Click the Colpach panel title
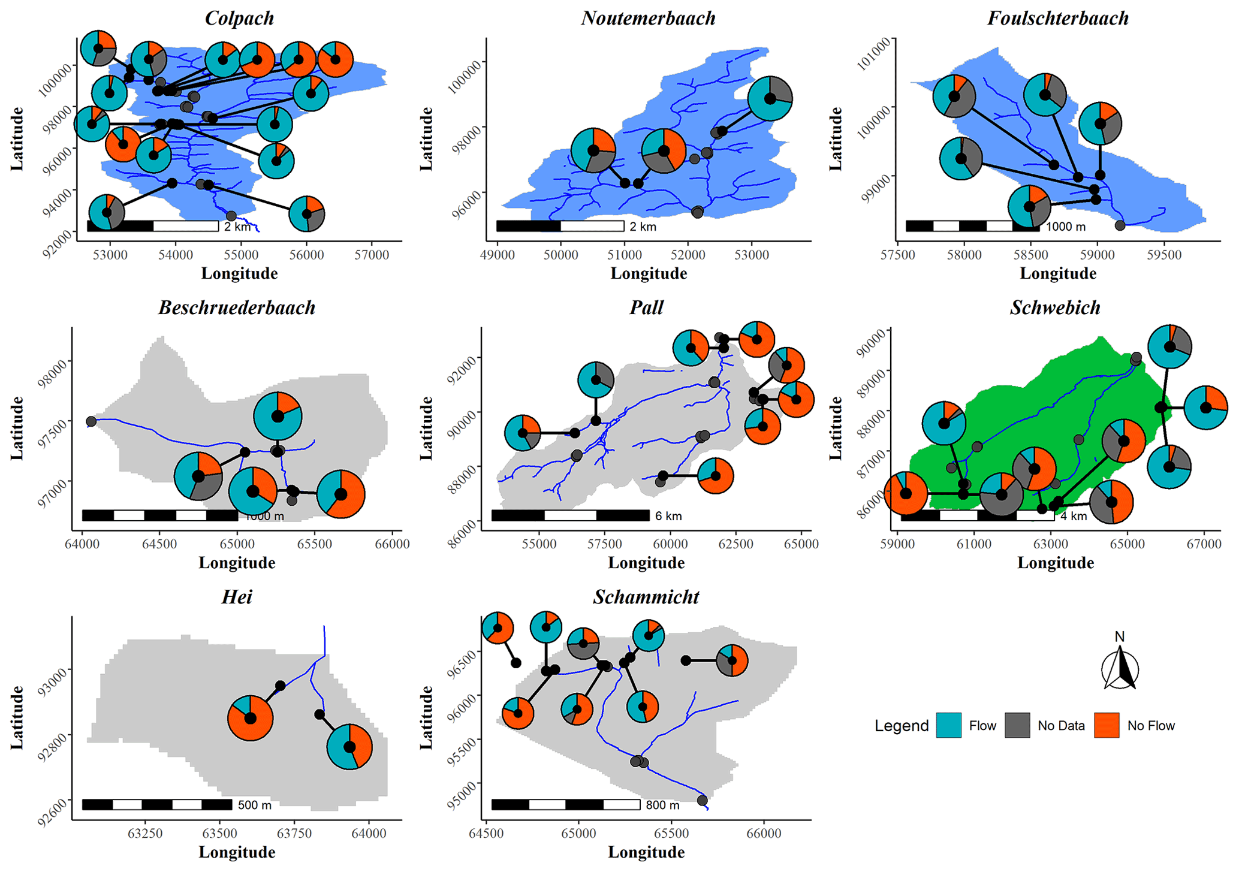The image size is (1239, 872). click(239, 18)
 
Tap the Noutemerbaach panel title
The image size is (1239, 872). click(648, 18)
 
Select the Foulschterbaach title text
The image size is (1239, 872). click(1057, 18)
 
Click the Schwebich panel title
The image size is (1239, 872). click(1055, 307)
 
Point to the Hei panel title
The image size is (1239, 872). click(237, 597)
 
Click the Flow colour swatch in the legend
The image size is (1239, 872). click(948, 725)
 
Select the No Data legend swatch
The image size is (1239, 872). click(1017, 725)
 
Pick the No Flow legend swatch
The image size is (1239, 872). click(1107, 725)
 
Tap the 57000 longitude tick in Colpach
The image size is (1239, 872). click(372, 255)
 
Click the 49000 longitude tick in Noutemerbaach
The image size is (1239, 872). click(497, 255)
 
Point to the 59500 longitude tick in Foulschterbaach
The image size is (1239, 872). click(1163, 255)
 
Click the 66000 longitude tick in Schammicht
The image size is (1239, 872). click(764, 834)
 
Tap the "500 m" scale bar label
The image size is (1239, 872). click(255, 805)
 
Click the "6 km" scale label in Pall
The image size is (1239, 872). click(668, 516)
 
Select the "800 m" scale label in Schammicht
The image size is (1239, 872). click(662, 805)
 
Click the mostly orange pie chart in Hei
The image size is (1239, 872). click(251, 718)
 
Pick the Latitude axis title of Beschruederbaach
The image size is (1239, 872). click(17, 429)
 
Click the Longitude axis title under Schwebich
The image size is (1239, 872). click(1056, 563)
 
